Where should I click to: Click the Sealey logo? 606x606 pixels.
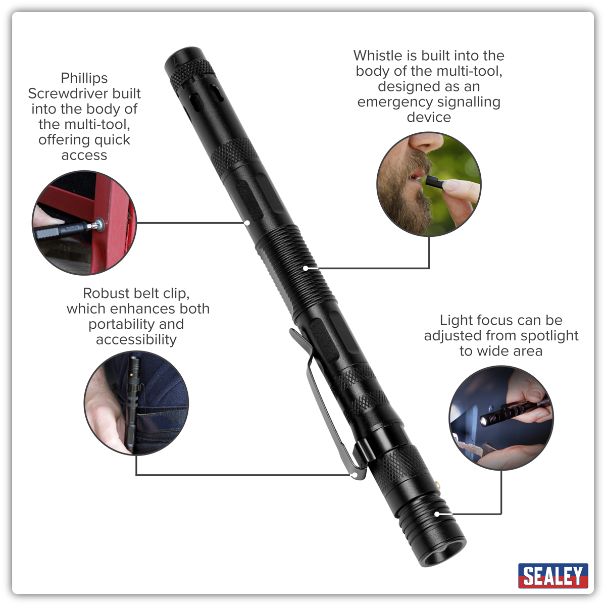coord(553,576)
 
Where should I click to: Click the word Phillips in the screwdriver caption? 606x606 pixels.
coord(84,78)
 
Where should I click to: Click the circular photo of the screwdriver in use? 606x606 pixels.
coord(84,223)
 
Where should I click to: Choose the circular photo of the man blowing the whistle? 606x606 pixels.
coord(429,184)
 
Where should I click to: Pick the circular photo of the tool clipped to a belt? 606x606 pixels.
coord(136,403)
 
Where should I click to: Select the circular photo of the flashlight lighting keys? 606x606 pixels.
coord(501,418)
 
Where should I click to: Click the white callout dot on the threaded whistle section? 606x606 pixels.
coord(306,268)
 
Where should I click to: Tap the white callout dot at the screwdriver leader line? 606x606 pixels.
coord(247,223)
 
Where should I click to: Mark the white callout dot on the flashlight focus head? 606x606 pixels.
coord(437,514)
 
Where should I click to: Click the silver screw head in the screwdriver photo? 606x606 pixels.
coord(100,224)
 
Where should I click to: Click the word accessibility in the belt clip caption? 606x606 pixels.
coord(136,340)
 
